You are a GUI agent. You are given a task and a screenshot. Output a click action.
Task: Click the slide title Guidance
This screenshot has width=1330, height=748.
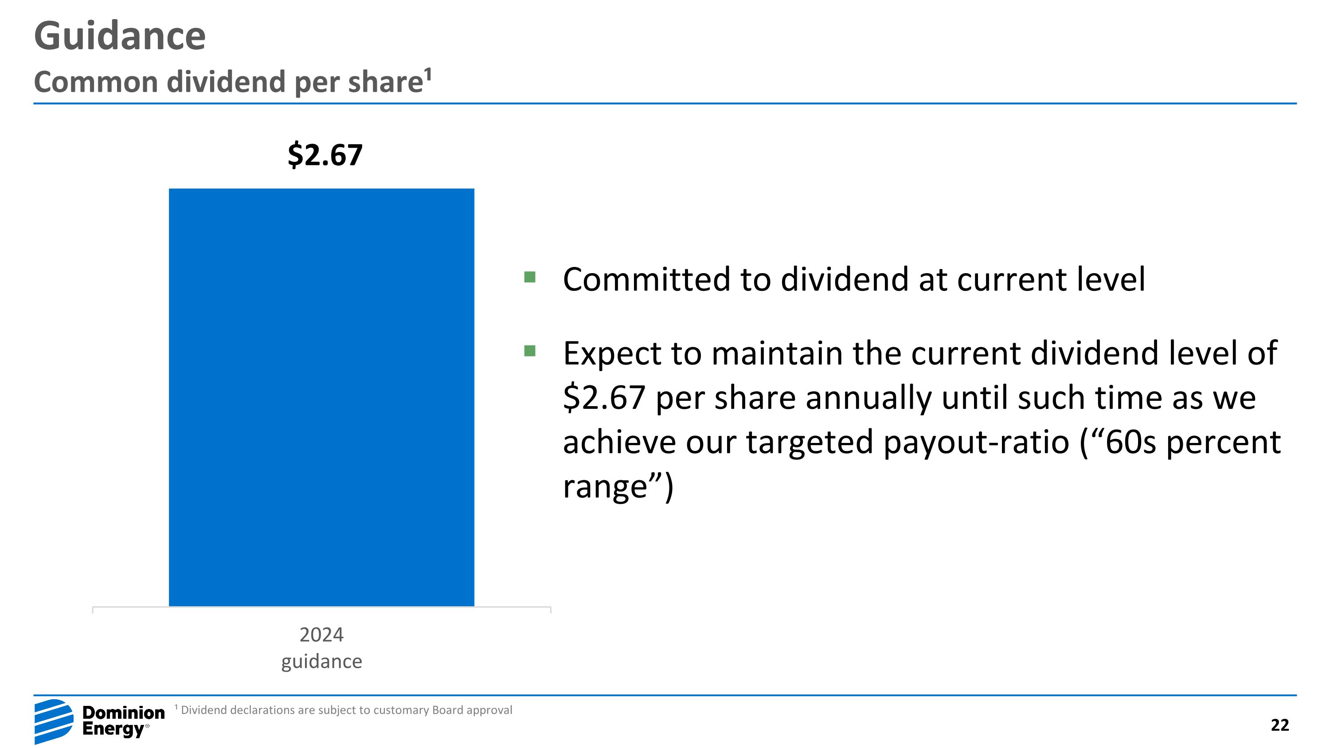pyautogui.click(x=120, y=36)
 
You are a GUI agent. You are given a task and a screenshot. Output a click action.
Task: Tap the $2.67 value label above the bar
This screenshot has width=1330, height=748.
pyautogui.click(x=325, y=155)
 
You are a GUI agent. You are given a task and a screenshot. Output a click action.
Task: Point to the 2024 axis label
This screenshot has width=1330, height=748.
pyautogui.click(x=321, y=634)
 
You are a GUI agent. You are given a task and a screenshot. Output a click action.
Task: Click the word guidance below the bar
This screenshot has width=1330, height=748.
pyautogui.click(x=321, y=661)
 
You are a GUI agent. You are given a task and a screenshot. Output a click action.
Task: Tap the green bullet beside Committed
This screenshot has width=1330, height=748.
pyautogui.click(x=530, y=277)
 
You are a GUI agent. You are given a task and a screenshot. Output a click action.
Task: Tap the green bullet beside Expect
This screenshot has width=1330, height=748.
pyautogui.click(x=530, y=351)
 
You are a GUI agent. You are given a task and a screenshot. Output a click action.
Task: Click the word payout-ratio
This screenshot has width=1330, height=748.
pyautogui.click(x=976, y=443)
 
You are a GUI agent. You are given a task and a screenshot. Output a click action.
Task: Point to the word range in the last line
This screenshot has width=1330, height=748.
pyautogui.click(x=605, y=487)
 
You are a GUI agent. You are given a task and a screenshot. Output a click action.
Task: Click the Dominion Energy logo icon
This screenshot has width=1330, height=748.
pyautogui.click(x=54, y=721)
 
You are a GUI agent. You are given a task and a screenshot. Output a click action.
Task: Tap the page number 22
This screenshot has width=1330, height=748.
pyautogui.click(x=1280, y=725)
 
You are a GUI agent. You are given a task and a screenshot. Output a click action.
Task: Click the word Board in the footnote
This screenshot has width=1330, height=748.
pyautogui.click(x=448, y=710)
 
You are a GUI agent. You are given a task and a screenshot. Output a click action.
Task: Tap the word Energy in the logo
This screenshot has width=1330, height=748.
pyautogui.click(x=113, y=729)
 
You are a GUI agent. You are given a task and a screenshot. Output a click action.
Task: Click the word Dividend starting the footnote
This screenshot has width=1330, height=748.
pyautogui.click(x=203, y=710)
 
